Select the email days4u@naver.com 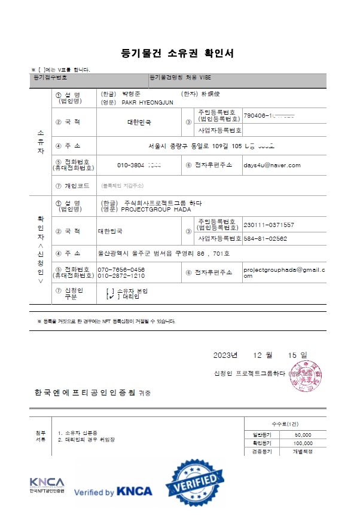point(271,165)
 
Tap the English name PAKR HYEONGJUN point(147,102)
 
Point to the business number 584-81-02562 point(265,238)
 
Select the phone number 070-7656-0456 point(121,269)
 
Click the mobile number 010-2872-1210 point(121,276)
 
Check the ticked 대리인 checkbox point(111,296)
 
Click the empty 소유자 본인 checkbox point(111,290)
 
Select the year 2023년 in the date point(225,355)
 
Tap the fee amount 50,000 point(303,434)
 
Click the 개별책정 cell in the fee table point(303,451)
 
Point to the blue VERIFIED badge point(196,481)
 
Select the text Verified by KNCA point(112,492)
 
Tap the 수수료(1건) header point(285,423)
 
